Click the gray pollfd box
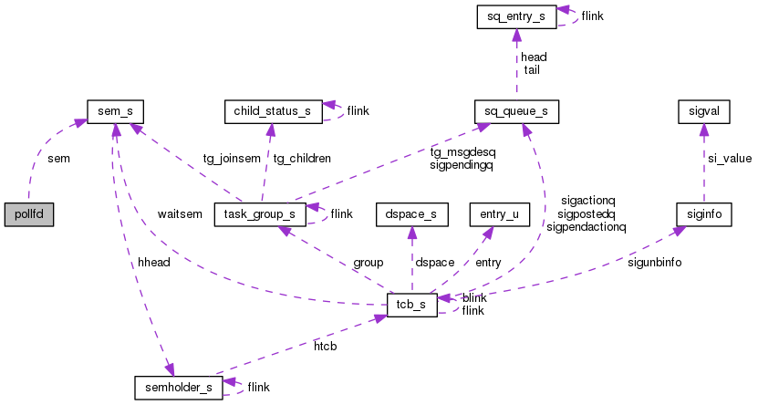click(28, 215)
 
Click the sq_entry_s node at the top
click(516, 16)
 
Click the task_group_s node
click(259, 215)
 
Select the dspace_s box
click(411, 215)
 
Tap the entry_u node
click(493, 215)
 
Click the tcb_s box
click(412, 304)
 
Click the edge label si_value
click(730, 159)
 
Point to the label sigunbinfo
click(655, 263)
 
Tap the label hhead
click(153, 263)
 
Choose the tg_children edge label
click(302, 158)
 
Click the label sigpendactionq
click(587, 226)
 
